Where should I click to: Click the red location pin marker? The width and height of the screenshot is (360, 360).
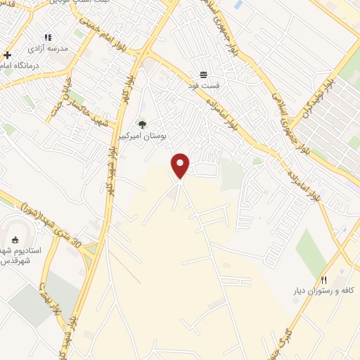tap(181, 165)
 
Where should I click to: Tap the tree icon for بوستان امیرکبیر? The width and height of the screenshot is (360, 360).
tap(143, 124)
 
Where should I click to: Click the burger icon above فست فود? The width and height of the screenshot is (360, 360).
tap(203, 74)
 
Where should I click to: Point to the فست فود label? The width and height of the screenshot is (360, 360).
tap(207, 85)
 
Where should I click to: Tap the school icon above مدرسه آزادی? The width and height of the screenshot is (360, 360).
tap(48, 37)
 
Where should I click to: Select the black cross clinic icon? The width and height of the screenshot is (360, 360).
tap(7, 55)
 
